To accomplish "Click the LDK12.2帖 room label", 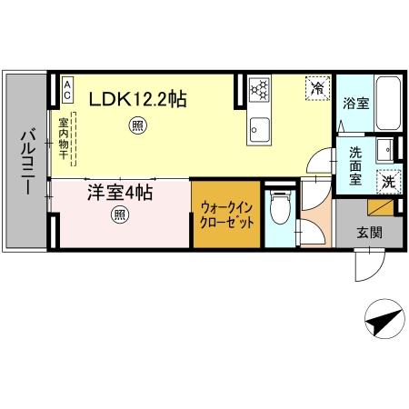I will coord(137,99).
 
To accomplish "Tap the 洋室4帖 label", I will coord(119,193).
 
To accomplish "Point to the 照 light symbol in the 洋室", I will coord(119,215).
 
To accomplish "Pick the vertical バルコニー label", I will coord(25,162).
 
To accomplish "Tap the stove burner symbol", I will coord(260,90).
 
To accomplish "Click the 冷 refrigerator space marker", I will coord(316,88).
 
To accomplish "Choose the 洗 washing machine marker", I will coord(388,180).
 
